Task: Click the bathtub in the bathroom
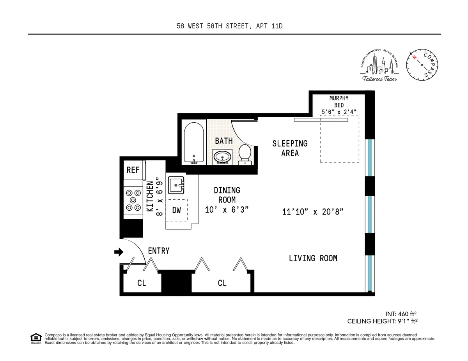tap(193, 143)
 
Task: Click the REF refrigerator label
tap(133, 170)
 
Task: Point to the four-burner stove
tap(133, 200)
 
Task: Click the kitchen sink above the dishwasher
tap(176, 185)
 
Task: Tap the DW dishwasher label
tap(177, 210)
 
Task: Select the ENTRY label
tap(159, 251)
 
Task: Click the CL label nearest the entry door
tap(141, 283)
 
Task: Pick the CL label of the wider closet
tap(222, 283)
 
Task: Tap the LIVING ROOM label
tap(313, 258)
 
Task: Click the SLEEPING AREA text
tap(290, 148)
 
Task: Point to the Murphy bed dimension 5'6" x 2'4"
tap(339, 112)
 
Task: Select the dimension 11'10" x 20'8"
tap(312, 212)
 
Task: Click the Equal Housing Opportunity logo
tap(36, 339)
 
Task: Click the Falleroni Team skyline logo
tap(379, 66)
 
